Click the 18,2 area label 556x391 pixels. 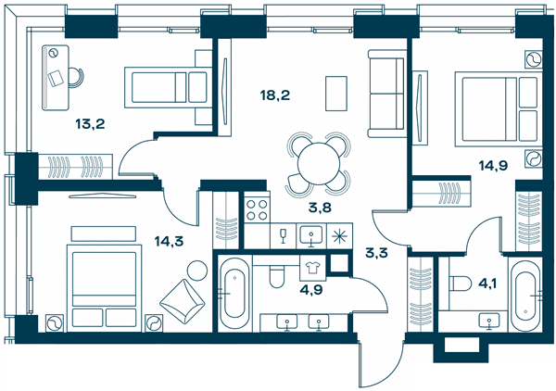pyautogui.click(x=275, y=95)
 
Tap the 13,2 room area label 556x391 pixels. pyautogui.click(x=90, y=124)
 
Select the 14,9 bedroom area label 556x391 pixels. pyautogui.click(x=493, y=165)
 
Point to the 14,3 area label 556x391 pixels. pyautogui.click(x=169, y=242)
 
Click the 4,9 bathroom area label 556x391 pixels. pyautogui.click(x=311, y=290)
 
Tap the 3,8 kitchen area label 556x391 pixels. pyautogui.click(x=320, y=208)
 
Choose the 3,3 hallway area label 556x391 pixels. pyautogui.click(x=376, y=253)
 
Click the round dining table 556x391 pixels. pyautogui.click(x=319, y=164)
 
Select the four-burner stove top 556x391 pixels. pyautogui.click(x=257, y=209)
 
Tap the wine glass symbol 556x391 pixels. pyautogui.click(x=283, y=235)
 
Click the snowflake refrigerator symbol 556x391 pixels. pyautogui.click(x=339, y=235)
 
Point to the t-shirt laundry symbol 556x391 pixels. pyautogui.click(x=312, y=268)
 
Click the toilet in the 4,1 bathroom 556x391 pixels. pyautogui.click(x=461, y=284)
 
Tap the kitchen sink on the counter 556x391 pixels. pyautogui.click(x=311, y=235)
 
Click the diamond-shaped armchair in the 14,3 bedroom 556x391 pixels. pyautogui.click(x=183, y=301)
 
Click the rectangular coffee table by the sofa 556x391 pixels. pyautogui.click(x=336, y=94)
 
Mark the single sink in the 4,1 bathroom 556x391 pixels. pyautogui.click(x=489, y=322)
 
